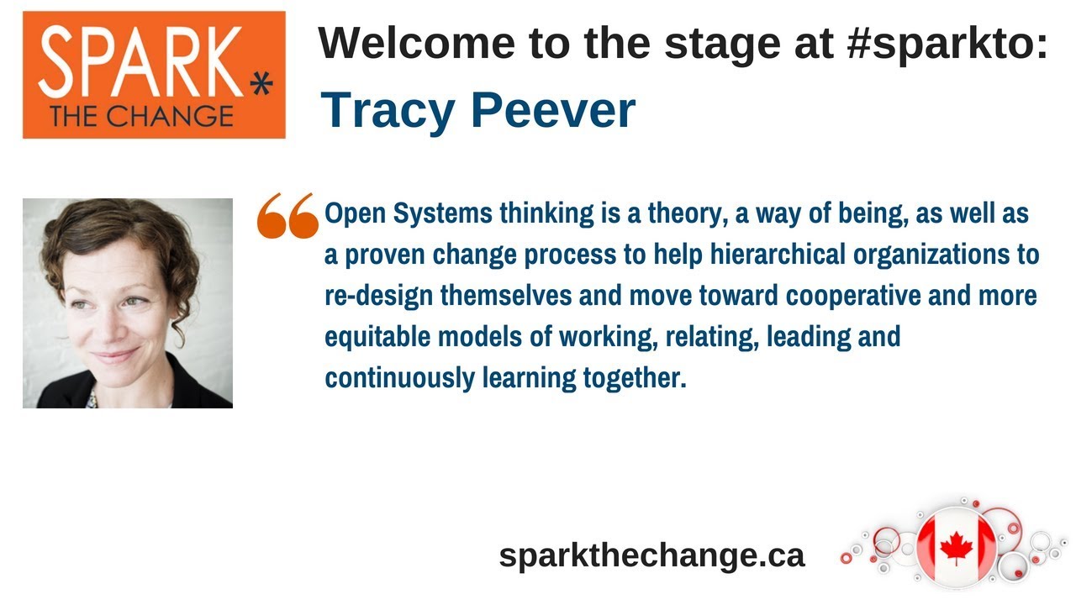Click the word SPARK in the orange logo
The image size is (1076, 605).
[140, 61]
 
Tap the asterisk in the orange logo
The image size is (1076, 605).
[261, 85]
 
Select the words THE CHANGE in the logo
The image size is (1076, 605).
[142, 117]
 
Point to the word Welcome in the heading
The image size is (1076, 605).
[416, 43]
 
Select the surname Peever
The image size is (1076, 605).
[553, 110]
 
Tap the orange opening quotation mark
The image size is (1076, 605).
[287, 216]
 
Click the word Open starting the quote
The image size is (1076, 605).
[355, 214]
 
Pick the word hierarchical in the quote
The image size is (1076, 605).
[778, 254]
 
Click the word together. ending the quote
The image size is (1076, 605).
[635, 378]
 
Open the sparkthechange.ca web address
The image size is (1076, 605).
[651, 555]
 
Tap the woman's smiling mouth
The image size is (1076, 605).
[115, 356]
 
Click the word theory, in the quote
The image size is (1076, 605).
[685, 214]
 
